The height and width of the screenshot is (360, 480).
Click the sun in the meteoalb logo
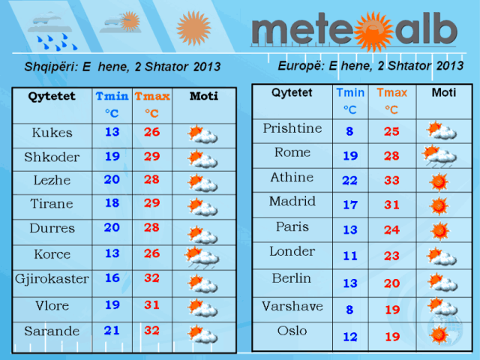[373, 31]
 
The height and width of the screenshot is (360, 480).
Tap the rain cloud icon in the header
[52, 31]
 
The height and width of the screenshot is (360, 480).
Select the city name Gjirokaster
[52, 279]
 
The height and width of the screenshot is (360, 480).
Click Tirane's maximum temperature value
[152, 203]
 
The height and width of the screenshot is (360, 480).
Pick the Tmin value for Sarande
[112, 331]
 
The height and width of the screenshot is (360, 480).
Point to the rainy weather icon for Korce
[202, 257]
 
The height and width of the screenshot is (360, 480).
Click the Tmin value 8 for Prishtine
[350, 131]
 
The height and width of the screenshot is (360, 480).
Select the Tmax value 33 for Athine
[391, 180]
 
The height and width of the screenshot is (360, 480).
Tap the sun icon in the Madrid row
[439, 205]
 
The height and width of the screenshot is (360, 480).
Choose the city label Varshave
[292, 306]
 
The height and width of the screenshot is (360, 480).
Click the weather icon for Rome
[439, 156]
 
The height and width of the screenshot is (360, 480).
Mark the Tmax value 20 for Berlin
[392, 283]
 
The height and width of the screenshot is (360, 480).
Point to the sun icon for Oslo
[439, 335]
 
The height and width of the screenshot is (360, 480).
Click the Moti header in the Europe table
[444, 92]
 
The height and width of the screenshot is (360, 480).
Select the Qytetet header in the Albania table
[52, 97]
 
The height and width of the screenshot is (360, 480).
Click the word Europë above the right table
[301, 66]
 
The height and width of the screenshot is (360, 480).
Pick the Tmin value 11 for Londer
[350, 256]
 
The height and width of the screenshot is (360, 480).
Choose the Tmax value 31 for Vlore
[151, 305]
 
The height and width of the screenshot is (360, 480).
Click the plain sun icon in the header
[193, 28]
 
